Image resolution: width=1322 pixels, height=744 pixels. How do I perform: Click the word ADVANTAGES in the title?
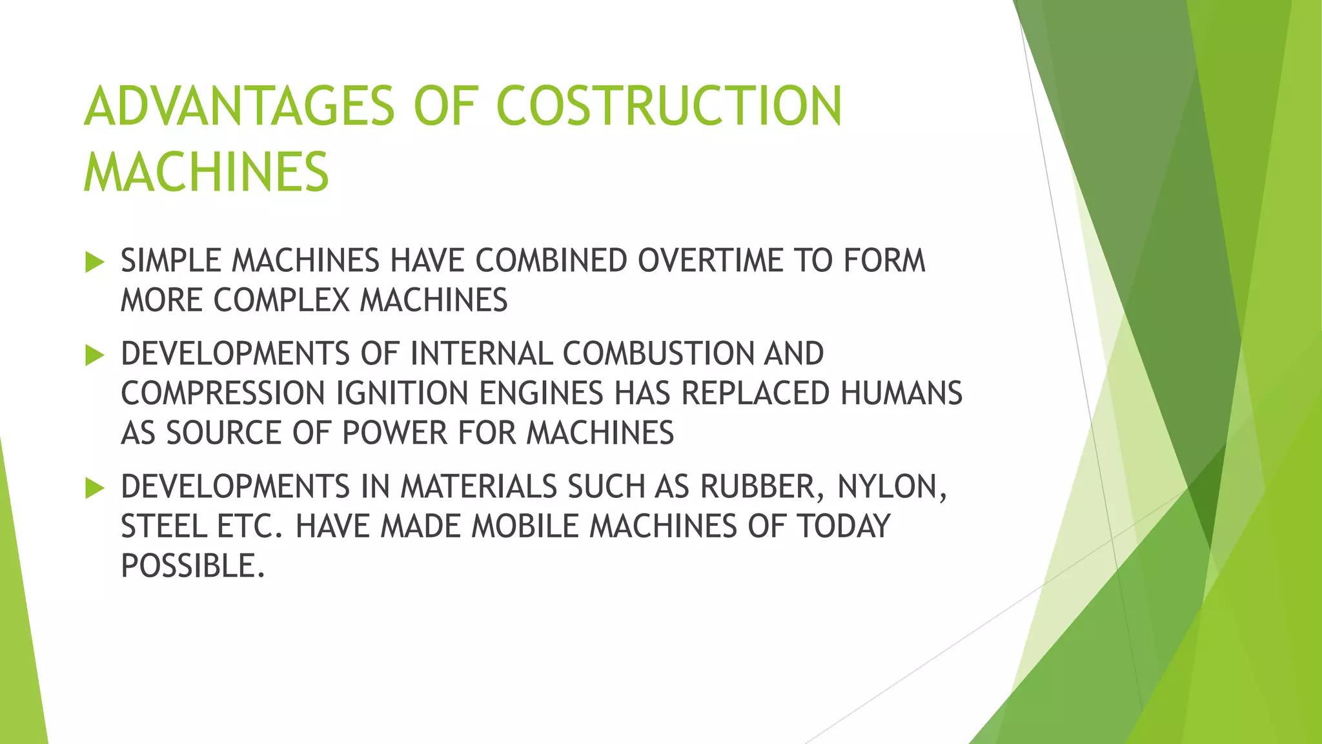[239, 106]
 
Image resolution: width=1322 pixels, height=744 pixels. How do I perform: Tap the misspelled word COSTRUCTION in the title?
[669, 106]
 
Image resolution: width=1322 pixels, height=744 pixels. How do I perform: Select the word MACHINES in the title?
[207, 172]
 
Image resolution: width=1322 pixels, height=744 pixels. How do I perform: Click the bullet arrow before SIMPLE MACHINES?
[94, 262]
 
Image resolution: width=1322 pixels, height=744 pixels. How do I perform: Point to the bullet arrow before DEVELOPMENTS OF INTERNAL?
[94, 355]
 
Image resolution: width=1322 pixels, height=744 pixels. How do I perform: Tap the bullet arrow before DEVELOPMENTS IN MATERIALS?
[94, 488]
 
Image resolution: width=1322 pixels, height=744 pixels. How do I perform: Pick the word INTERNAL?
[481, 354]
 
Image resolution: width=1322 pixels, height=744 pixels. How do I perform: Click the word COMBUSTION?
[658, 354]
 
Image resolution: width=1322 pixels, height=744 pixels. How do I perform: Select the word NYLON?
[891, 487]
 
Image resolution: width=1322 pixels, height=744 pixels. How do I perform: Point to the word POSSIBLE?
[192, 566]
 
